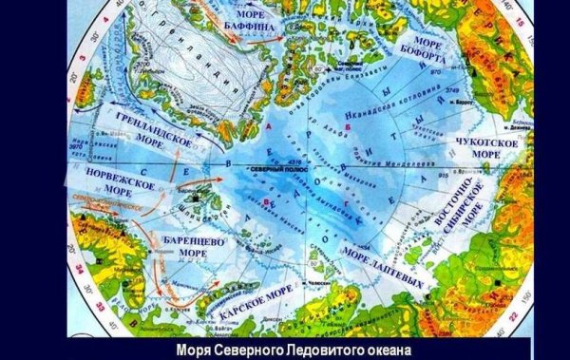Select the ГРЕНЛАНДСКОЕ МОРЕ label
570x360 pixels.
coord(158,133)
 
